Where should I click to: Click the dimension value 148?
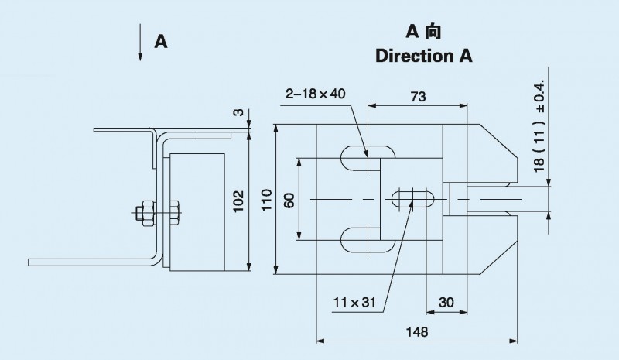(417, 331)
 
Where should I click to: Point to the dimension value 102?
(238, 201)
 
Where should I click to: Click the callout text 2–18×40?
(316, 94)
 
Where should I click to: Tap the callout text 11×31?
(354, 302)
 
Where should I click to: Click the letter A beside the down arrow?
(161, 42)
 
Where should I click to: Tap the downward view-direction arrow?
(140, 43)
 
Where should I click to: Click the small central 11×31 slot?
(413, 199)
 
